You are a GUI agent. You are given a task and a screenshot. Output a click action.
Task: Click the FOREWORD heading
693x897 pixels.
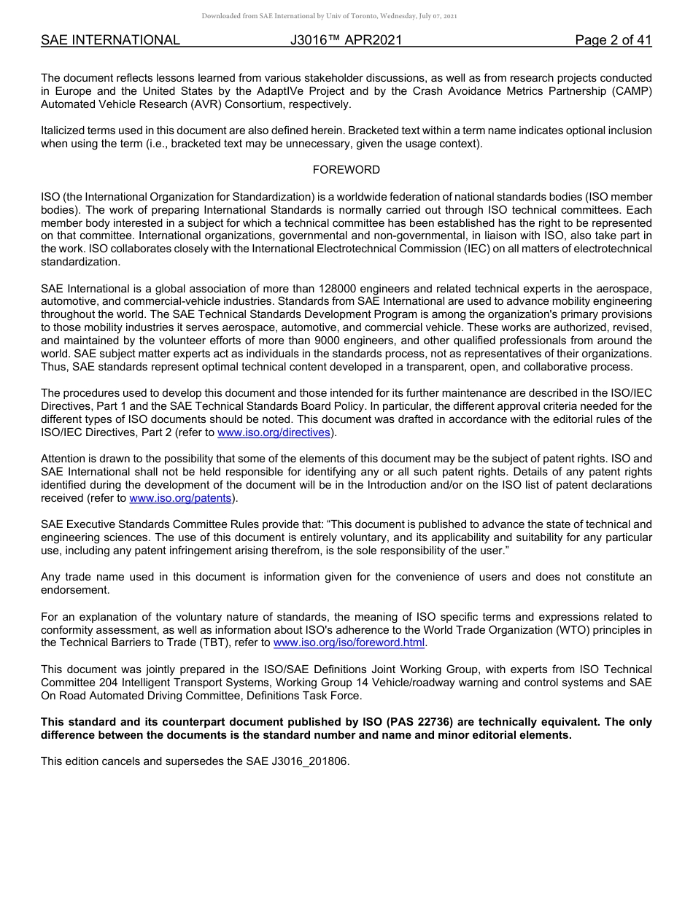click(x=346, y=170)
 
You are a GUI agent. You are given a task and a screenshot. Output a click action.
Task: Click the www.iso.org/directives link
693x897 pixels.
click(x=274, y=432)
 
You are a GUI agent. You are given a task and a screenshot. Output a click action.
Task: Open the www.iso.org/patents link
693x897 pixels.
click(x=180, y=498)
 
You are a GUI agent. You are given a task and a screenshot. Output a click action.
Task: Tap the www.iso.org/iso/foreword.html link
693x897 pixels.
click(x=348, y=642)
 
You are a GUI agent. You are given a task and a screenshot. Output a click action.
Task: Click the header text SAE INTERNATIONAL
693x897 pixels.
click(x=110, y=40)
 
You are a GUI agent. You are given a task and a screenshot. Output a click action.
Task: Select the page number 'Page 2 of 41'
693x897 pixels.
click(x=613, y=40)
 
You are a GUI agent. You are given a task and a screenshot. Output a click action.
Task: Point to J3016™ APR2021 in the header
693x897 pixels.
click(x=346, y=40)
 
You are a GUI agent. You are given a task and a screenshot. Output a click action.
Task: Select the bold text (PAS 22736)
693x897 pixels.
click(x=426, y=722)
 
